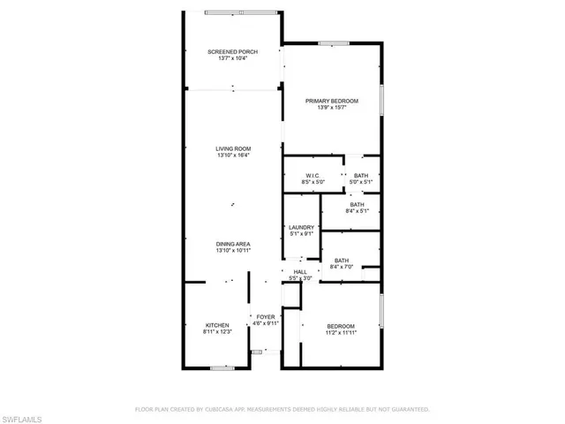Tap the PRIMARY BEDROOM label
tap(332, 101)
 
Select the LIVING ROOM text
tap(234, 148)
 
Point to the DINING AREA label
tap(234, 244)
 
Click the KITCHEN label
tap(217, 324)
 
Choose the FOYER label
tap(266, 316)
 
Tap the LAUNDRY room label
tap(301, 228)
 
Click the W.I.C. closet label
tap(313, 176)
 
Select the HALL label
tap(300, 272)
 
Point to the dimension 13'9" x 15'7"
tap(332, 108)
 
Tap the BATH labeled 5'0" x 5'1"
tap(361, 176)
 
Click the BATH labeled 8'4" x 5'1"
tap(357, 204)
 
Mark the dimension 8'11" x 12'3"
tap(217, 331)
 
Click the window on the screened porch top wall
tap(232, 12)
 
